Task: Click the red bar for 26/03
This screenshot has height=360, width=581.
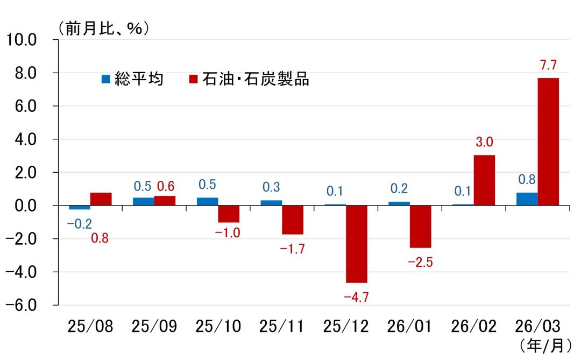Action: coord(548,142)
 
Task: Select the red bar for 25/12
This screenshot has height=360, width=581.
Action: coord(356,244)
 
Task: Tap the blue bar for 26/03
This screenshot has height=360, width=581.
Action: coord(527,199)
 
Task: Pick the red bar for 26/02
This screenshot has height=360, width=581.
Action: coord(484,180)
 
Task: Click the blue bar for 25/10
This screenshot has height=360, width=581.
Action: coord(207,201)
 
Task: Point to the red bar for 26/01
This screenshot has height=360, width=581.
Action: coord(420,227)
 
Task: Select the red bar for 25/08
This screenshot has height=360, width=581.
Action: coord(101,199)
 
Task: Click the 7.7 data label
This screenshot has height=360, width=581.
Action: coord(548,66)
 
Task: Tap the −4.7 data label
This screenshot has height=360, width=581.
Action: coord(356,296)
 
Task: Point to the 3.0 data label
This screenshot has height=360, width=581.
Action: coord(484,143)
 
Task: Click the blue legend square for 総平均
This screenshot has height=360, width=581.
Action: coord(106,79)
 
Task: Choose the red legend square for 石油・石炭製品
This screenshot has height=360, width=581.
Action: coord(194,79)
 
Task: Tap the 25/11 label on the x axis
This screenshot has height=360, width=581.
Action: coord(281,327)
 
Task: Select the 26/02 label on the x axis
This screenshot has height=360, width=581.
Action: coord(474,327)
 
